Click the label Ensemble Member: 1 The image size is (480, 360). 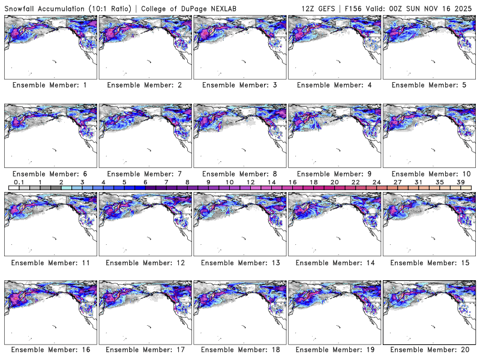pos(50,85)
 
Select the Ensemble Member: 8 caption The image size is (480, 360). pos(239,174)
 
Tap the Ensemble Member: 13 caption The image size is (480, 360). pos(239,263)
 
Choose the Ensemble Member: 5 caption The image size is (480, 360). pos(428,85)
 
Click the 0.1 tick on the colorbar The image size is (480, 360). pos(19,182)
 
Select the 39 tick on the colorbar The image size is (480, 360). pos(461,182)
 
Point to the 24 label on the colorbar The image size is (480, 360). pos(377,182)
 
